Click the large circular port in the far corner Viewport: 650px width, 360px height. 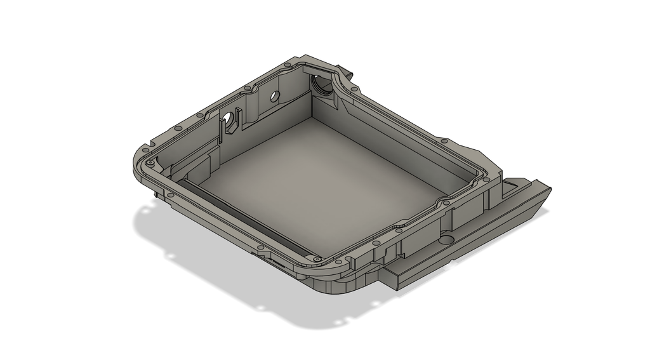pos(322,85)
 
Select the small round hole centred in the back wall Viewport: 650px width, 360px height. pos(275,97)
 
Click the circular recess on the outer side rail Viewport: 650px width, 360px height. pos(446,241)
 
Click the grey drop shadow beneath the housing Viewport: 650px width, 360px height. pos(209,267)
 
